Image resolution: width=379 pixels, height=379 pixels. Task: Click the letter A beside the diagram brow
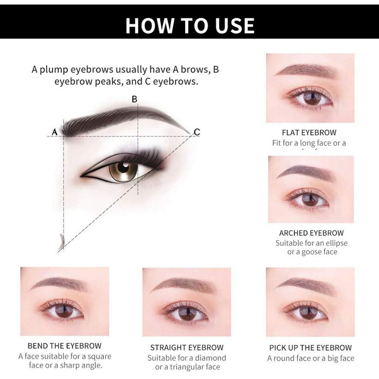coord(54,132)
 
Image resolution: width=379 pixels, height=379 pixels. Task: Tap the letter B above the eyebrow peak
coord(134,99)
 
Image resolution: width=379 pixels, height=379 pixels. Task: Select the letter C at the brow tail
coord(197,132)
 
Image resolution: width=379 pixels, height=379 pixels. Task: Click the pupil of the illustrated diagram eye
coord(123,167)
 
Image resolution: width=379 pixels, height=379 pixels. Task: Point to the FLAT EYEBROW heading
coord(309,133)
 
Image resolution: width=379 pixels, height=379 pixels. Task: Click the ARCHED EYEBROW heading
coord(311,233)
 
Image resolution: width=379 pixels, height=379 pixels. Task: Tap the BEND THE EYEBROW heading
coord(64,346)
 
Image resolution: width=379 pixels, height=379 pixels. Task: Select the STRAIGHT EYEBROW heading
coord(187,348)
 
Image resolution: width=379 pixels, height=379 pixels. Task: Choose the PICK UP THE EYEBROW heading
coord(310,348)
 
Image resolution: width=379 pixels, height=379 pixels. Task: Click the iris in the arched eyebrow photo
coord(310,200)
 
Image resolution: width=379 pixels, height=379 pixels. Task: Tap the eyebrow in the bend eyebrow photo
coord(61,283)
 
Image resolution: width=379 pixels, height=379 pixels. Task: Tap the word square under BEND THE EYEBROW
coord(99,356)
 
